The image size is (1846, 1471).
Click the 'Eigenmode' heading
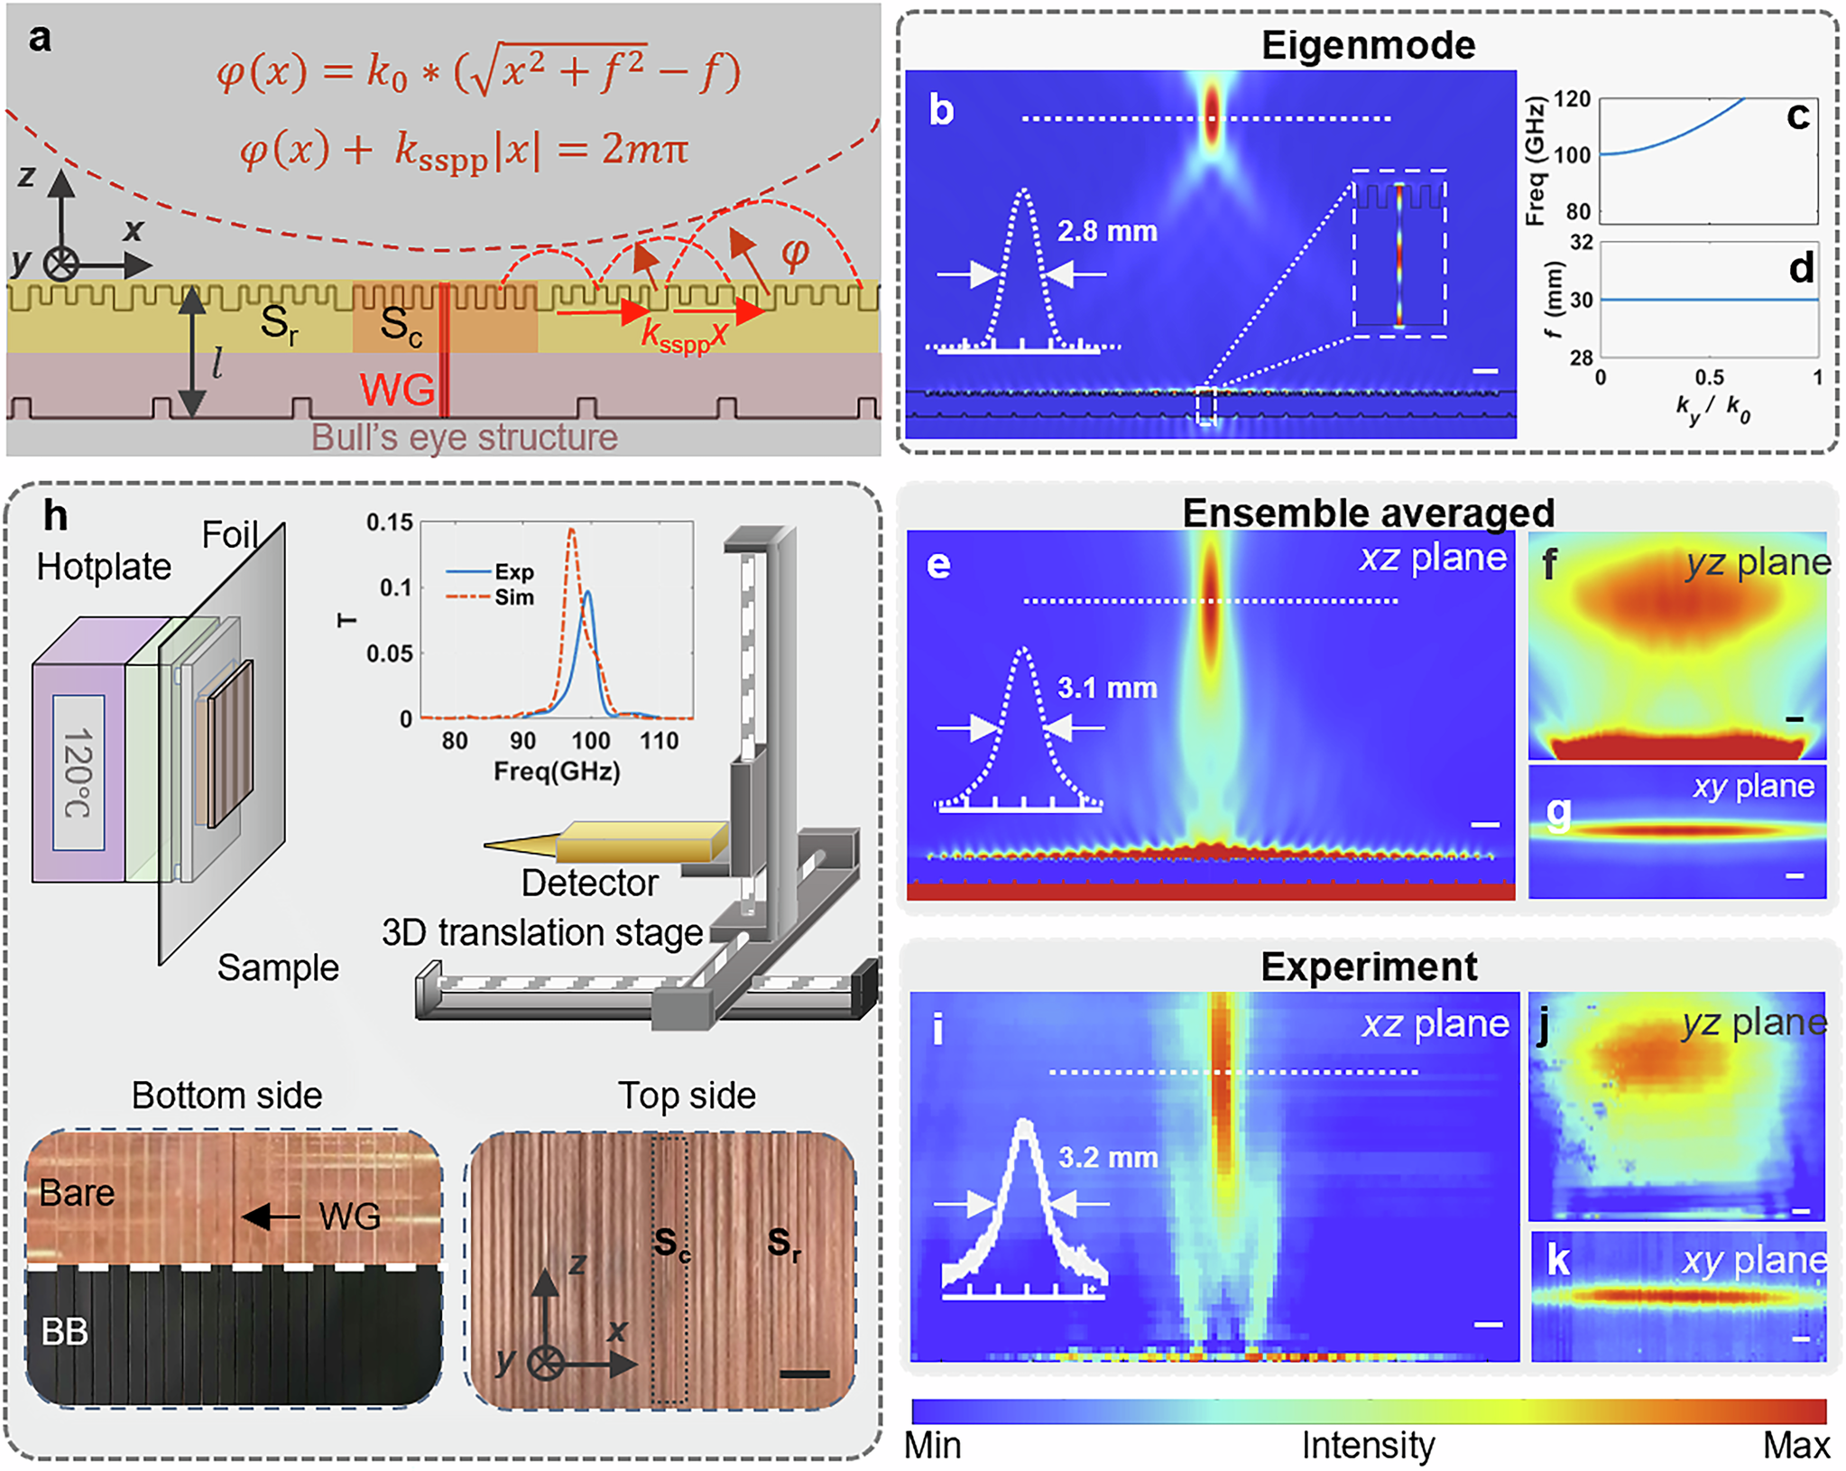tap(1367, 45)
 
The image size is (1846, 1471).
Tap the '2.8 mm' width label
tap(1107, 232)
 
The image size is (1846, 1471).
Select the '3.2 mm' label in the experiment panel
tap(1107, 1158)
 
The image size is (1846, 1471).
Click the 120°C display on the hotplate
tap(78, 773)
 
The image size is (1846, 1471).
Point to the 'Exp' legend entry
tap(513, 572)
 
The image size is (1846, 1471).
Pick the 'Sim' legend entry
tap(513, 597)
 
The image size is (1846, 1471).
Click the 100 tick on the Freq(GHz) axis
tap(590, 741)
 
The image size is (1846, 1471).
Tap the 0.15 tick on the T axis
tap(389, 523)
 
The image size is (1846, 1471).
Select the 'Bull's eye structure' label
tap(465, 438)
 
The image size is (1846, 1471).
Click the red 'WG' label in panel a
tap(396, 390)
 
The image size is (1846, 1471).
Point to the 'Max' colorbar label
tap(1795, 1446)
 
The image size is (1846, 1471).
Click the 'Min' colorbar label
tap(933, 1446)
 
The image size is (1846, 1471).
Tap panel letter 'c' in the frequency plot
tap(1797, 117)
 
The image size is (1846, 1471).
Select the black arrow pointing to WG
tap(271, 1217)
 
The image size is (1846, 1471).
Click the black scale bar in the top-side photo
tap(804, 1374)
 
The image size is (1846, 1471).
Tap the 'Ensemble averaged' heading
tap(1368, 513)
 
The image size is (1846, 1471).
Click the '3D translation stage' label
tap(542, 932)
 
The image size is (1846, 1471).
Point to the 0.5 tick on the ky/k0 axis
tap(1709, 377)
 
